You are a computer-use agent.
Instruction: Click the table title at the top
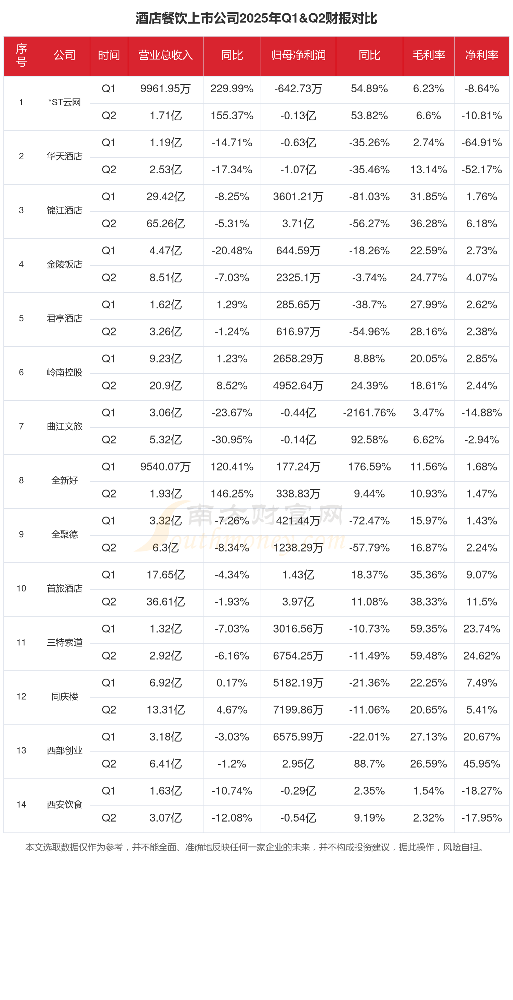tap(256, 18)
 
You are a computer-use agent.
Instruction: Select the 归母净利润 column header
tap(298, 55)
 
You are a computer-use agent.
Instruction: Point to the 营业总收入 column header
tap(166, 55)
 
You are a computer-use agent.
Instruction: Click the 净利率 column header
tap(482, 55)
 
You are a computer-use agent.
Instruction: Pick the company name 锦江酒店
tap(64, 210)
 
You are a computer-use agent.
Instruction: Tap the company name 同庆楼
tap(64, 696)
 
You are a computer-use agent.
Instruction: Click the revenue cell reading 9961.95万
tap(166, 89)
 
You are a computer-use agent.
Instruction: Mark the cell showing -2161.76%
tap(369, 413)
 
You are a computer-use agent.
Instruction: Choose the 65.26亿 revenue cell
tap(166, 224)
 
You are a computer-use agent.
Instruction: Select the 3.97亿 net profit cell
tap(298, 602)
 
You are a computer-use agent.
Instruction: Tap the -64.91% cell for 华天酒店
tap(482, 143)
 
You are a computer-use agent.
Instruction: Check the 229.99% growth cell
tap(232, 89)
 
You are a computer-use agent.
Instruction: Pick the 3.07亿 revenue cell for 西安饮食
tap(166, 818)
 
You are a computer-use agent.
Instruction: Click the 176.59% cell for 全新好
tap(369, 467)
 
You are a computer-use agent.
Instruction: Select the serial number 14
tap(21, 804)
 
